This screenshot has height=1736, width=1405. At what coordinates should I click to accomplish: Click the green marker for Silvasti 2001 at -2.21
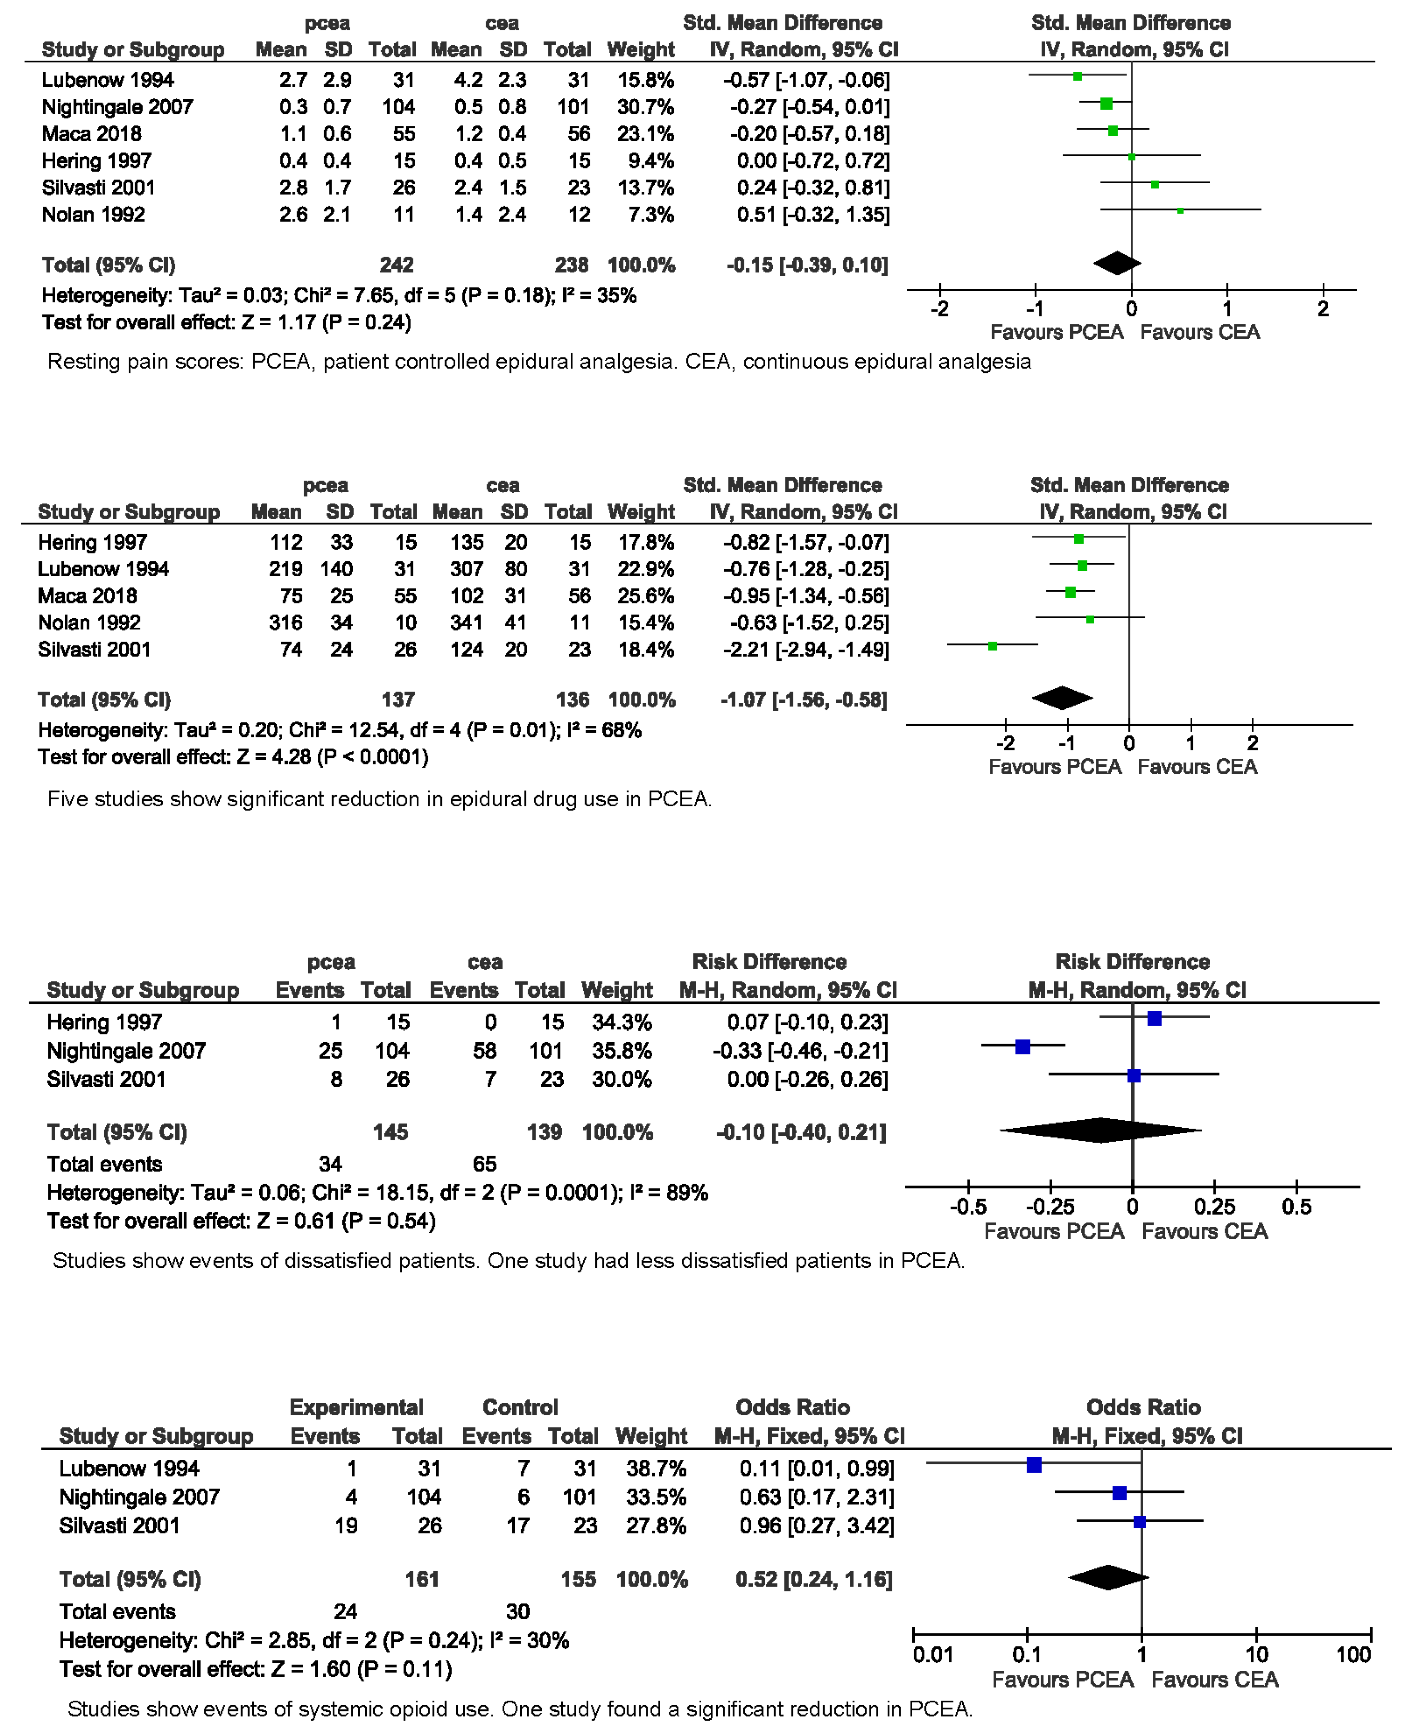pyautogui.click(x=992, y=646)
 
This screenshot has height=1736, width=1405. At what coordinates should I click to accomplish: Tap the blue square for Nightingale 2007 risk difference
pyautogui.click(x=1023, y=1046)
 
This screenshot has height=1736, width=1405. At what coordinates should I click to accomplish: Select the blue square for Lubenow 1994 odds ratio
pyautogui.click(x=1034, y=1464)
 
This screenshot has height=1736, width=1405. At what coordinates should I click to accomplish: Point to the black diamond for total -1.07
pyautogui.click(x=1062, y=697)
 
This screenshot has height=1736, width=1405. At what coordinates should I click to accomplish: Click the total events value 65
pyautogui.click(x=484, y=1164)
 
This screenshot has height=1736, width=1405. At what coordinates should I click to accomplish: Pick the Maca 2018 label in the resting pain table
pyautogui.click(x=91, y=133)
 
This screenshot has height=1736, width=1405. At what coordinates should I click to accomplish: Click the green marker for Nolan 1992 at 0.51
pyautogui.click(x=1180, y=211)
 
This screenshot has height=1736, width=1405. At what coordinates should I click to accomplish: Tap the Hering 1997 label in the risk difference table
pyautogui.click(x=104, y=1022)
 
